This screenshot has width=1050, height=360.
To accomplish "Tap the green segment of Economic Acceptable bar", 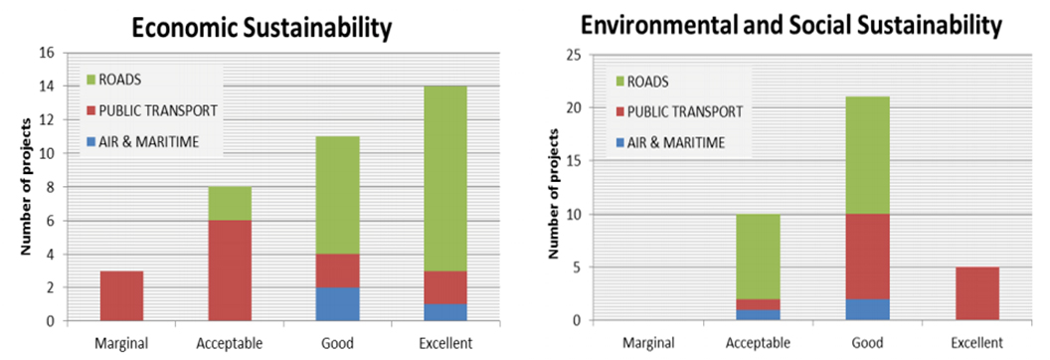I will (x=229, y=203).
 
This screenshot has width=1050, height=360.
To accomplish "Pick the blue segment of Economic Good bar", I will (x=336, y=303).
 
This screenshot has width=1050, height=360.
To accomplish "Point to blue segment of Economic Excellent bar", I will (x=443, y=312).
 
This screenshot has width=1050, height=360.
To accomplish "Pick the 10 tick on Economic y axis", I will (x=45, y=153).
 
